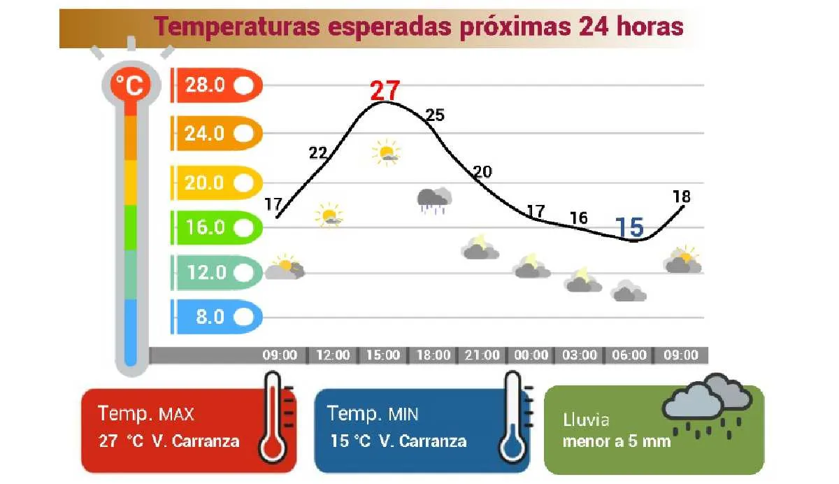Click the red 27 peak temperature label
385,91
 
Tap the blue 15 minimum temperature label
629,227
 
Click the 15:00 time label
383,355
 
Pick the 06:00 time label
629,355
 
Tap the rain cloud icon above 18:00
433,199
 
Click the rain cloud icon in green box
706,406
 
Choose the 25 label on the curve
435,115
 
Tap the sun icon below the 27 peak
386,152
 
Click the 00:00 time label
531,355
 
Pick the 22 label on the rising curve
319,153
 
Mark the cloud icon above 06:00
628,290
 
